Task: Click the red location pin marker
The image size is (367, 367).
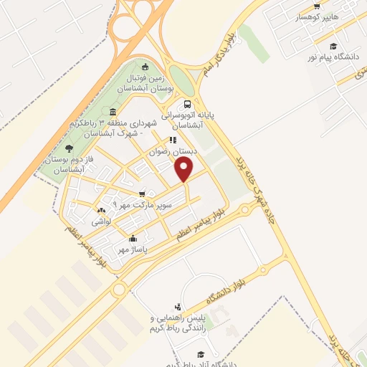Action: (x=185, y=169)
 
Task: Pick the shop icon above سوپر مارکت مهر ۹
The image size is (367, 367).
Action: (x=142, y=194)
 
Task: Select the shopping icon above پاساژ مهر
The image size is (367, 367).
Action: (x=132, y=239)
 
